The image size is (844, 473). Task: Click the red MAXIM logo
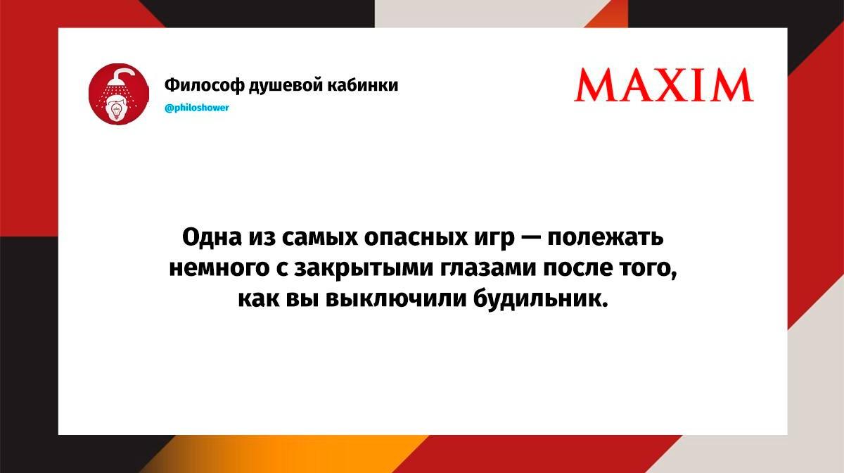point(664,85)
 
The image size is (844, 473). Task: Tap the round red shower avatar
point(119,94)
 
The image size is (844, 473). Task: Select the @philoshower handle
point(197,108)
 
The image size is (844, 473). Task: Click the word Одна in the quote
point(212,237)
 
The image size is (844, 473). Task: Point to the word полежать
point(606,238)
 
